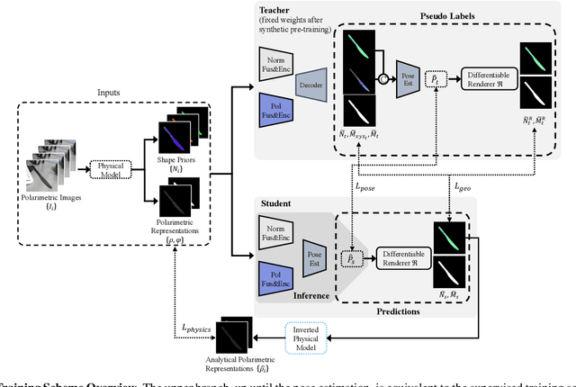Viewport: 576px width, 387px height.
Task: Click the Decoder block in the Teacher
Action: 311,85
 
